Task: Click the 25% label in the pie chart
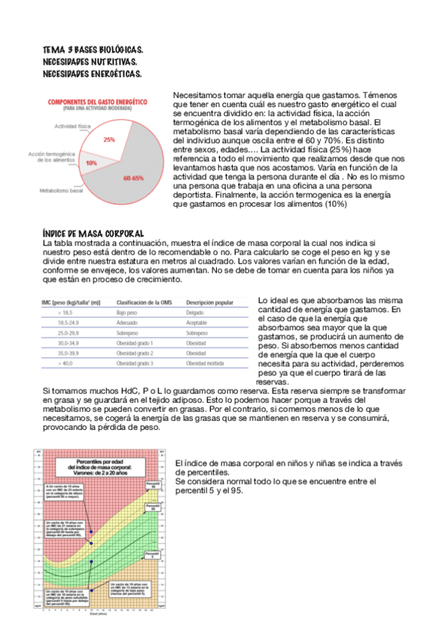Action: click(x=109, y=140)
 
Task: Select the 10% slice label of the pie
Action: click(x=91, y=162)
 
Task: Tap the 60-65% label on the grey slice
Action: click(x=133, y=178)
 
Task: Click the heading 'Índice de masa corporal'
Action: click(x=93, y=234)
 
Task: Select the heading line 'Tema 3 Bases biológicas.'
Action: click(x=93, y=50)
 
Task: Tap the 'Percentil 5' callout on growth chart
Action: click(x=153, y=555)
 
